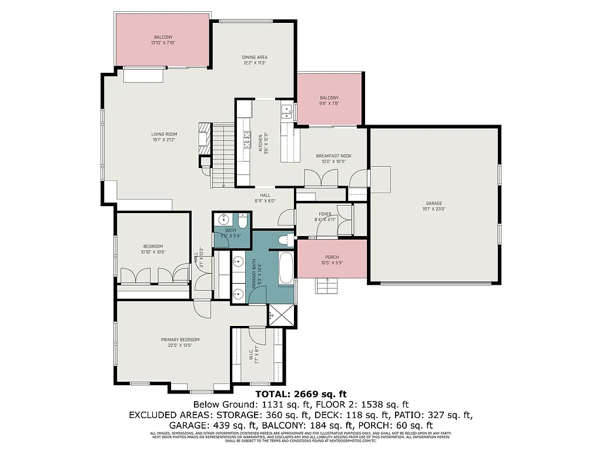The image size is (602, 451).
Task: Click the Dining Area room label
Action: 255,60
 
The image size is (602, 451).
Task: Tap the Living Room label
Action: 164,137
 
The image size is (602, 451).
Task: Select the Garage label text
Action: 434,206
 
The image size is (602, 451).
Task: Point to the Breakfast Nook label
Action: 333,159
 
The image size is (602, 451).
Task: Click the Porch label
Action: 332,260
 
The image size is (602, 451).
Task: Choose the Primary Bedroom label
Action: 180,342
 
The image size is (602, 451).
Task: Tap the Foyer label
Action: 325,217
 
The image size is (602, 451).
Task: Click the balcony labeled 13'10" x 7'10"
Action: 163,40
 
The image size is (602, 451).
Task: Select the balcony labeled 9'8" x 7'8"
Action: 329,100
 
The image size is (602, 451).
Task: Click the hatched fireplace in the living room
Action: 204,134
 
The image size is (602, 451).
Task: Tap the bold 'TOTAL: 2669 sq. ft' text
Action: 301,393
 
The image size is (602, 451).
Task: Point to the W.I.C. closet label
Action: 253,356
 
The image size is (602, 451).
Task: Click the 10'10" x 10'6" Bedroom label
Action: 152,249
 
